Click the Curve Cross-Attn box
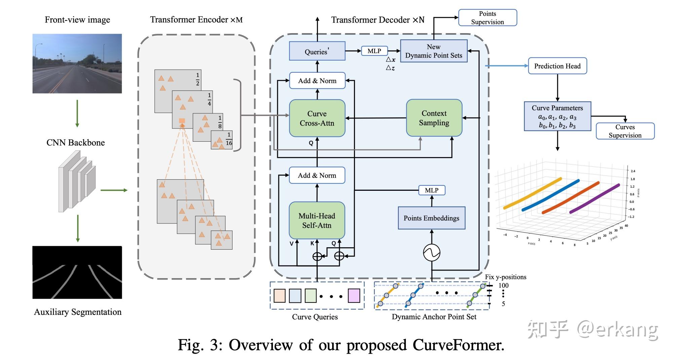[317, 118]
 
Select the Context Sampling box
[434, 118]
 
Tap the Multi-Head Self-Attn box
[317, 220]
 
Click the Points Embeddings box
[431, 218]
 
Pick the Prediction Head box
[557, 66]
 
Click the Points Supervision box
[487, 17]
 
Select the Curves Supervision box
[625, 131]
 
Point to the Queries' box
[317, 51]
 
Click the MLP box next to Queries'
[374, 51]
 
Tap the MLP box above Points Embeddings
[431, 190]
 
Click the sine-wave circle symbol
[431, 253]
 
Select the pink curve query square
[354, 296]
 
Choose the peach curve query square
[280, 296]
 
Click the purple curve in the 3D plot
[594, 199]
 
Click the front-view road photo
[77, 63]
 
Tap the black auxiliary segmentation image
[77, 272]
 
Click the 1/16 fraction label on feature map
[229, 139]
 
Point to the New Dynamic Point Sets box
[433, 51]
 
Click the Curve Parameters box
[557, 116]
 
